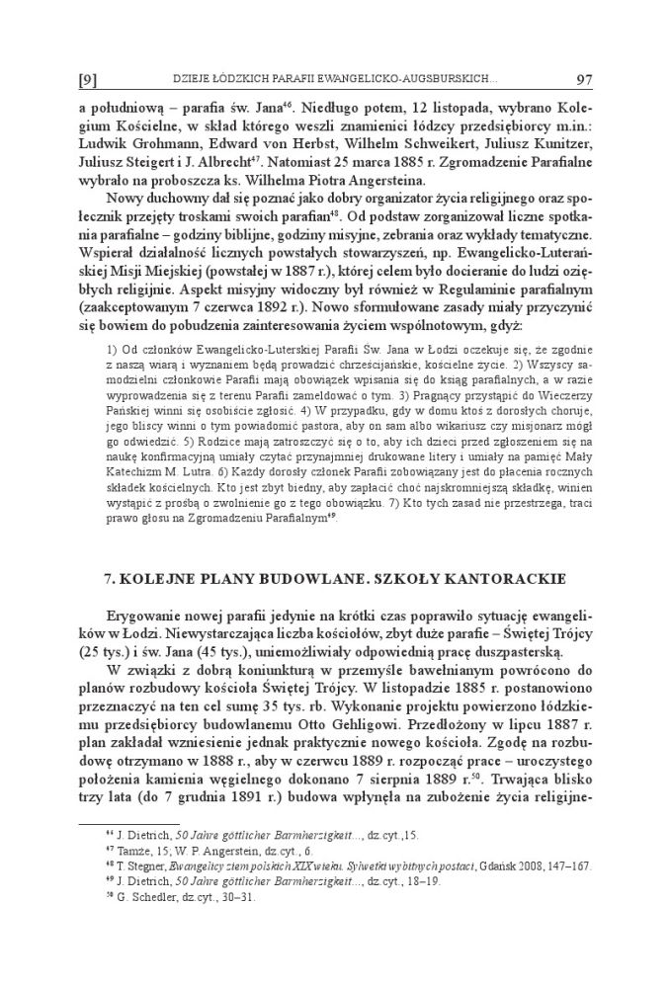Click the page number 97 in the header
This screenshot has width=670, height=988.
[x=580, y=78]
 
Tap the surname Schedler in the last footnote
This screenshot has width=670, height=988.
[x=126, y=898]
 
